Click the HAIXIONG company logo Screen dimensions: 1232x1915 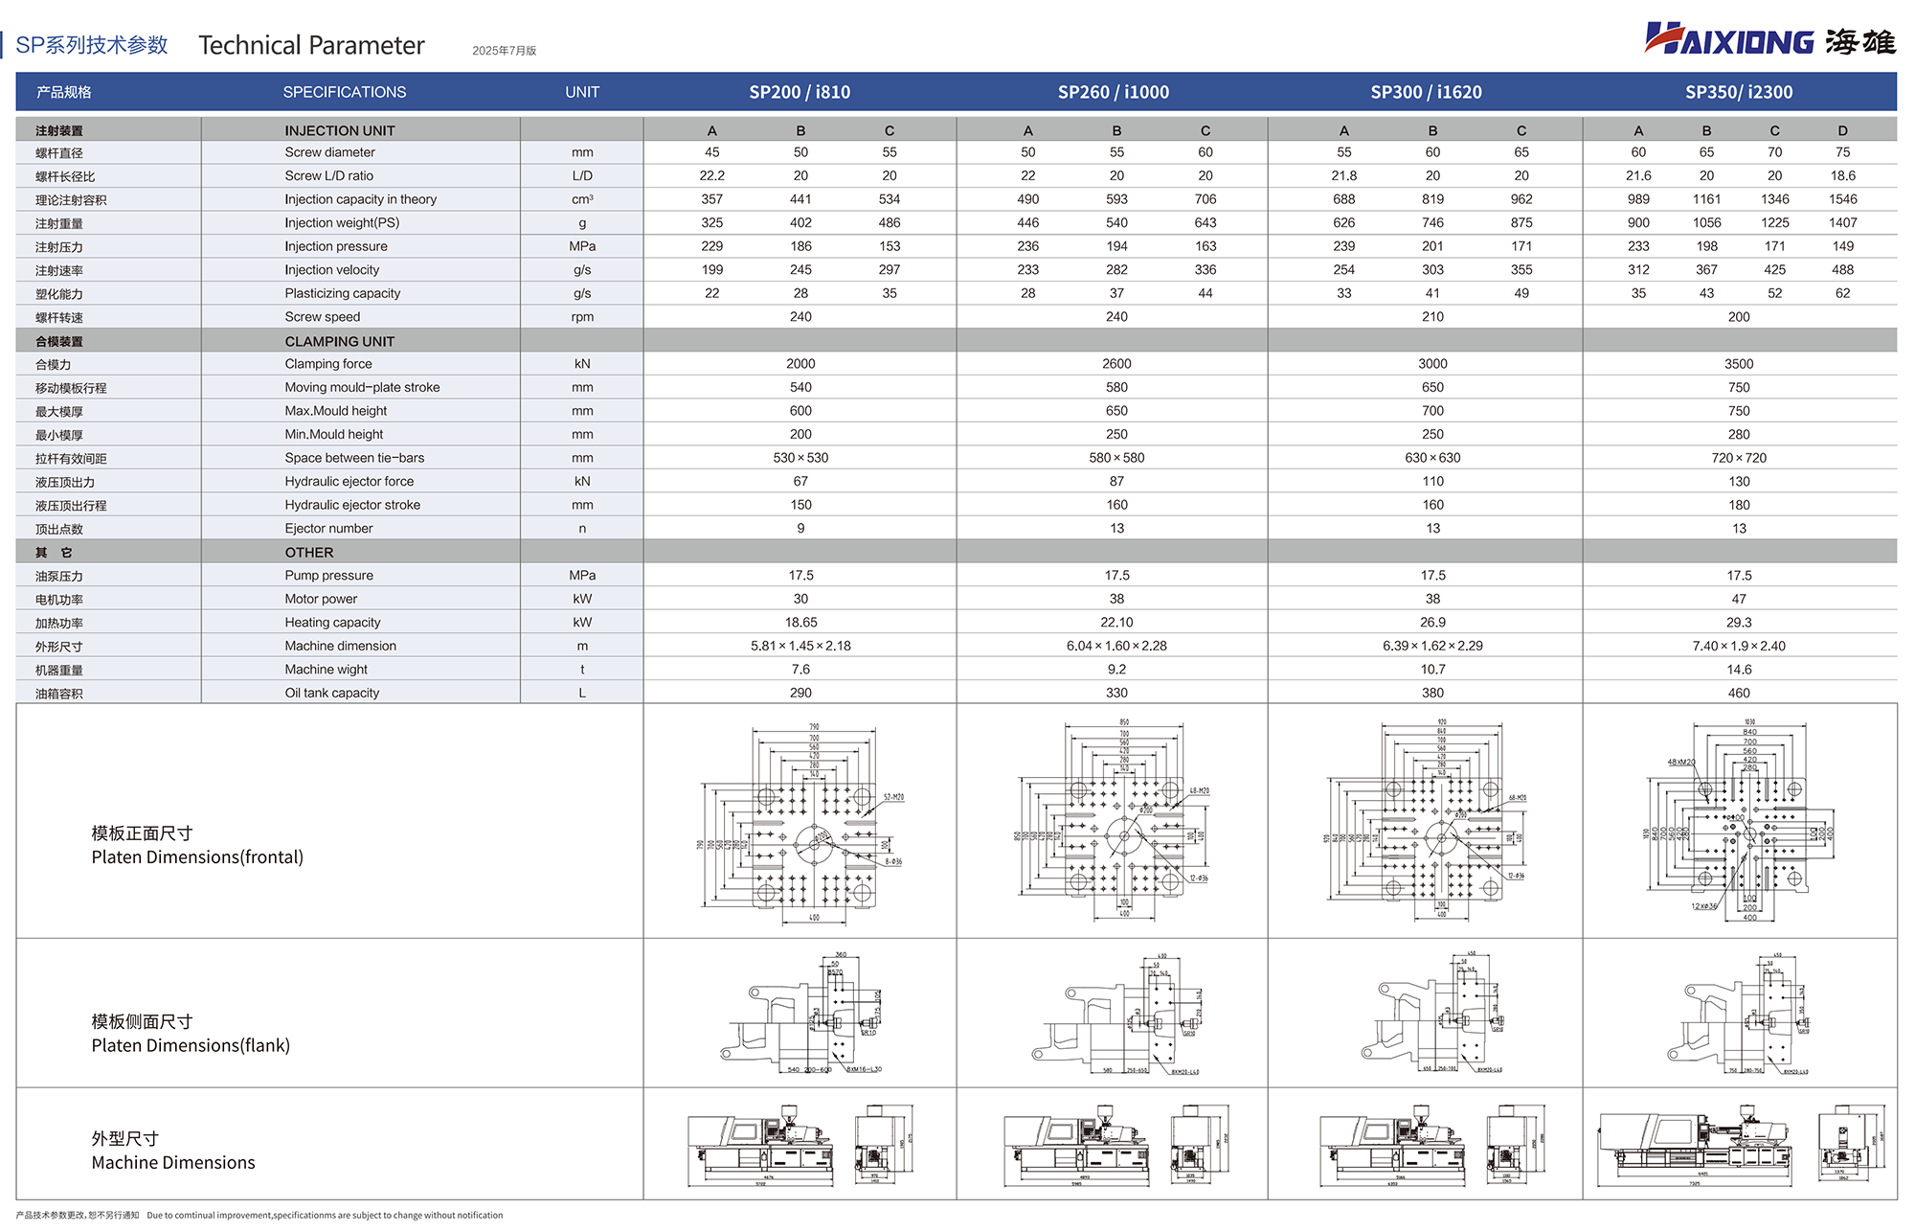tap(1769, 40)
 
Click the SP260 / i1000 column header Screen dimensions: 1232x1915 tap(1113, 92)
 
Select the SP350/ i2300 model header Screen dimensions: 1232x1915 tap(1738, 92)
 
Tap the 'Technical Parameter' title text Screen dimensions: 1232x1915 tap(311, 45)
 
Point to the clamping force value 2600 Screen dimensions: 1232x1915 tap(1116, 364)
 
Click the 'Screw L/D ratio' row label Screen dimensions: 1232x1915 tap(328, 176)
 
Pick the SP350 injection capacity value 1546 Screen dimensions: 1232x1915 tap(1842, 199)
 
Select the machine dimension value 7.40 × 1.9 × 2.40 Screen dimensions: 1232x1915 tap(1738, 646)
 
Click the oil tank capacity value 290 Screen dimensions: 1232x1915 tap(800, 693)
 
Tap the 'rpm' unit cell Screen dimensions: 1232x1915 tap(582, 317)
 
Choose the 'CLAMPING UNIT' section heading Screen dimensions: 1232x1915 tap(339, 341)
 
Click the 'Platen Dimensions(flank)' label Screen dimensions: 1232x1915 tap(191, 1045)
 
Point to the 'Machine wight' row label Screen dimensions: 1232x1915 tap(326, 670)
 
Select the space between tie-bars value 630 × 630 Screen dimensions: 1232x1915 tap(1432, 458)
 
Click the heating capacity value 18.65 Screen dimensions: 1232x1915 tap(800, 623)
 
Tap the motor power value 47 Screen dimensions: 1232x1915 tap(1739, 599)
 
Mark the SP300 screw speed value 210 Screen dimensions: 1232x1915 tap(1432, 317)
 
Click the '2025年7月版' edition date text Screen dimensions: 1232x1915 tap(504, 51)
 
